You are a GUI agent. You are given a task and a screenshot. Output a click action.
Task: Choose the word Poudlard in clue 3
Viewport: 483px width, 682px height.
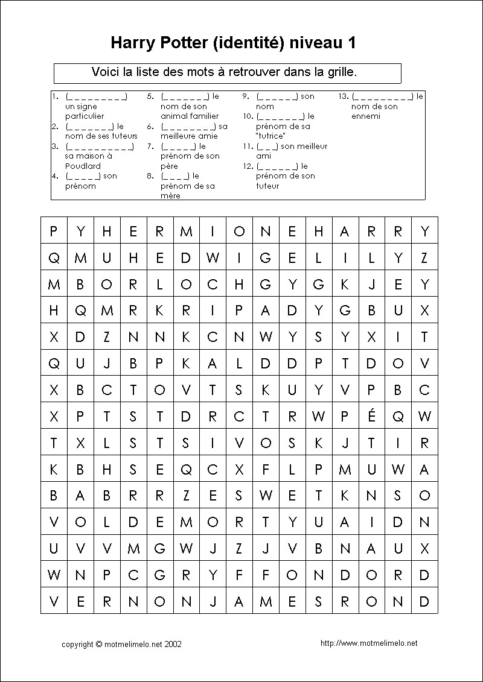coord(83,166)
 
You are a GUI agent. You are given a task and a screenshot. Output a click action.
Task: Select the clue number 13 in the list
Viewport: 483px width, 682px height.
coord(343,96)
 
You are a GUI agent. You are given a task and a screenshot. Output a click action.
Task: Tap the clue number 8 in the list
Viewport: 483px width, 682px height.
coord(150,176)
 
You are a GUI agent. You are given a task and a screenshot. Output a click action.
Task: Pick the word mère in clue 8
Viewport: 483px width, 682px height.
coord(170,196)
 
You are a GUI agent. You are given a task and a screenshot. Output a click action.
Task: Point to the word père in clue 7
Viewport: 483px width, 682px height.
coord(170,166)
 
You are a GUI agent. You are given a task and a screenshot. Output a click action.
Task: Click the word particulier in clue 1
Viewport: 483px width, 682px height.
coord(85,116)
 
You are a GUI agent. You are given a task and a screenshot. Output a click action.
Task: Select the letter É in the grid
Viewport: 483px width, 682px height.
coord(371,416)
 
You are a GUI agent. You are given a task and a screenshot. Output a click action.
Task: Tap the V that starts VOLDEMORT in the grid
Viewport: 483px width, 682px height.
coord(54,522)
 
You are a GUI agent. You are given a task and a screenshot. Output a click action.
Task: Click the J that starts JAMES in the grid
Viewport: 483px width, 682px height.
coord(213,602)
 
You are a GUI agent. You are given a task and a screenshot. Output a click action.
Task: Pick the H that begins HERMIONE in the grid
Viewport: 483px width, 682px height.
coord(107,231)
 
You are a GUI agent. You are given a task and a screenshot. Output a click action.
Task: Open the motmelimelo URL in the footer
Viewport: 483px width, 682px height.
coord(369,643)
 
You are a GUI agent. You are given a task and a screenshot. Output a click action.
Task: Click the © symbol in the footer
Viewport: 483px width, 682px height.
coord(98,644)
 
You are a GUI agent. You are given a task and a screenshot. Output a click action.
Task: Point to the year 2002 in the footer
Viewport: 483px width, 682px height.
coord(172,644)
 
